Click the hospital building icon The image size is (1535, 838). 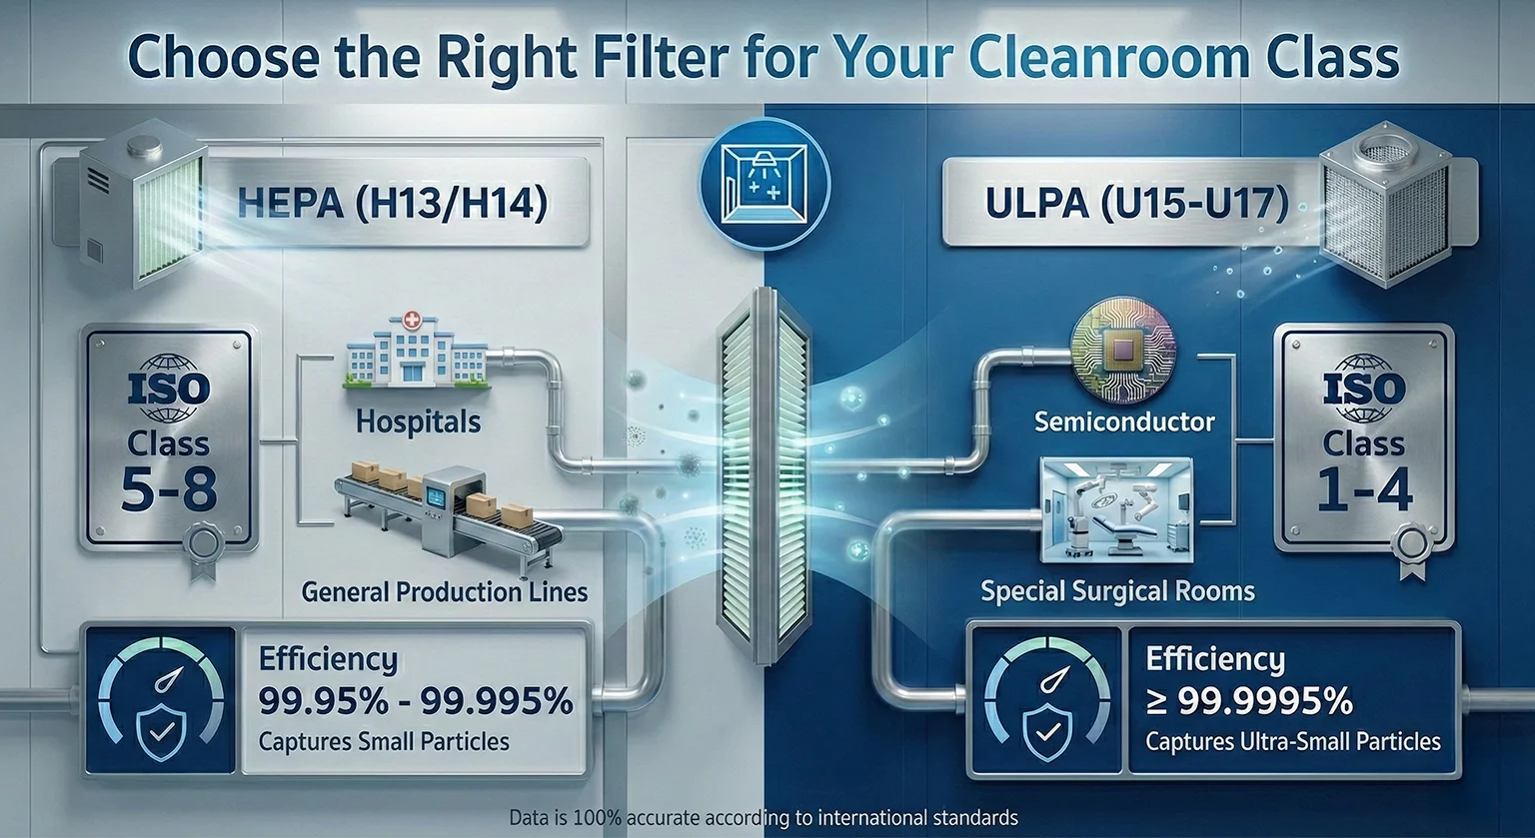click(x=416, y=351)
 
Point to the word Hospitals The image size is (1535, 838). click(x=418, y=421)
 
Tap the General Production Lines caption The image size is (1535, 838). click(x=444, y=591)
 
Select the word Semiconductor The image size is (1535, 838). click(x=1124, y=421)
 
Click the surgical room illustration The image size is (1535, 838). click(x=1116, y=510)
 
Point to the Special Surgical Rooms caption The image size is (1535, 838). click(x=1117, y=591)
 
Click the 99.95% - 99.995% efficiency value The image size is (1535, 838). click(x=416, y=701)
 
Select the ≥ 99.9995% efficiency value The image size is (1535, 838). click(x=1249, y=702)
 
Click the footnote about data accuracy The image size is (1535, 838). click(x=764, y=817)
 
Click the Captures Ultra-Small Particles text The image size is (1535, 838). click(x=1293, y=742)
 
